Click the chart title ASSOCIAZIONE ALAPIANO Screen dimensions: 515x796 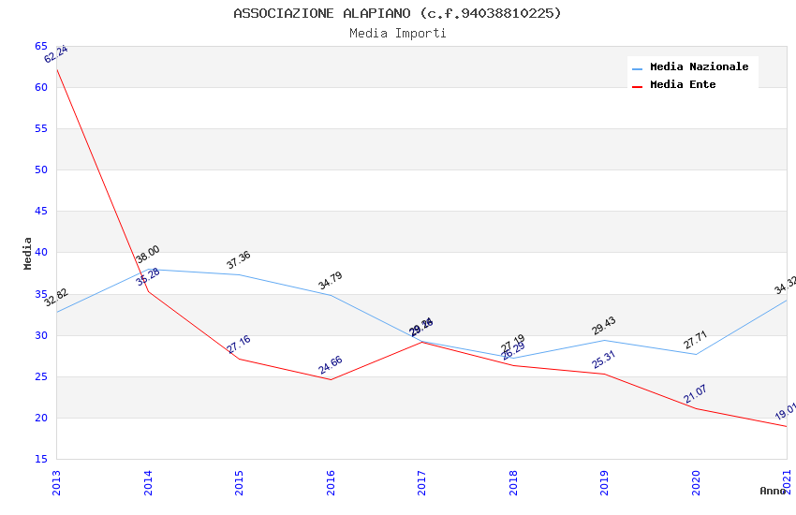(x=397, y=13)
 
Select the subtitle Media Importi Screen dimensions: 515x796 (x=397, y=33)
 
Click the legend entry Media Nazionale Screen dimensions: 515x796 (x=699, y=67)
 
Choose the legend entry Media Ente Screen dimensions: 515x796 (x=683, y=84)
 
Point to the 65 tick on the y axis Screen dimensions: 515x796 (x=41, y=46)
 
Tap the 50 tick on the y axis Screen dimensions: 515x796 (x=41, y=169)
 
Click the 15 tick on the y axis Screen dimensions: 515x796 (x=41, y=459)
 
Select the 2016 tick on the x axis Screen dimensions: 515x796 (x=331, y=482)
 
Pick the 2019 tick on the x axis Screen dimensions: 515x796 (x=605, y=482)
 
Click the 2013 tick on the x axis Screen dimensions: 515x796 (x=56, y=482)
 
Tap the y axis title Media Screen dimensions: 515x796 (x=28, y=253)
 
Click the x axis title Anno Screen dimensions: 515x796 (x=773, y=491)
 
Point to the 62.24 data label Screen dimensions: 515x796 (x=56, y=54)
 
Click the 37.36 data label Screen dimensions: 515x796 (x=239, y=260)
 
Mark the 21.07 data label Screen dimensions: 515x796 (x=696, y=394)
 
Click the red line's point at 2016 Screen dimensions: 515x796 (x=331, y=379)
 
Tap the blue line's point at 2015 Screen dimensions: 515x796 (x=239, y=274)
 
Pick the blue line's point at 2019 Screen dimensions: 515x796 (x=604, y=340)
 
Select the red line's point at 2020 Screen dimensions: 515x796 (x=696, y=408)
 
